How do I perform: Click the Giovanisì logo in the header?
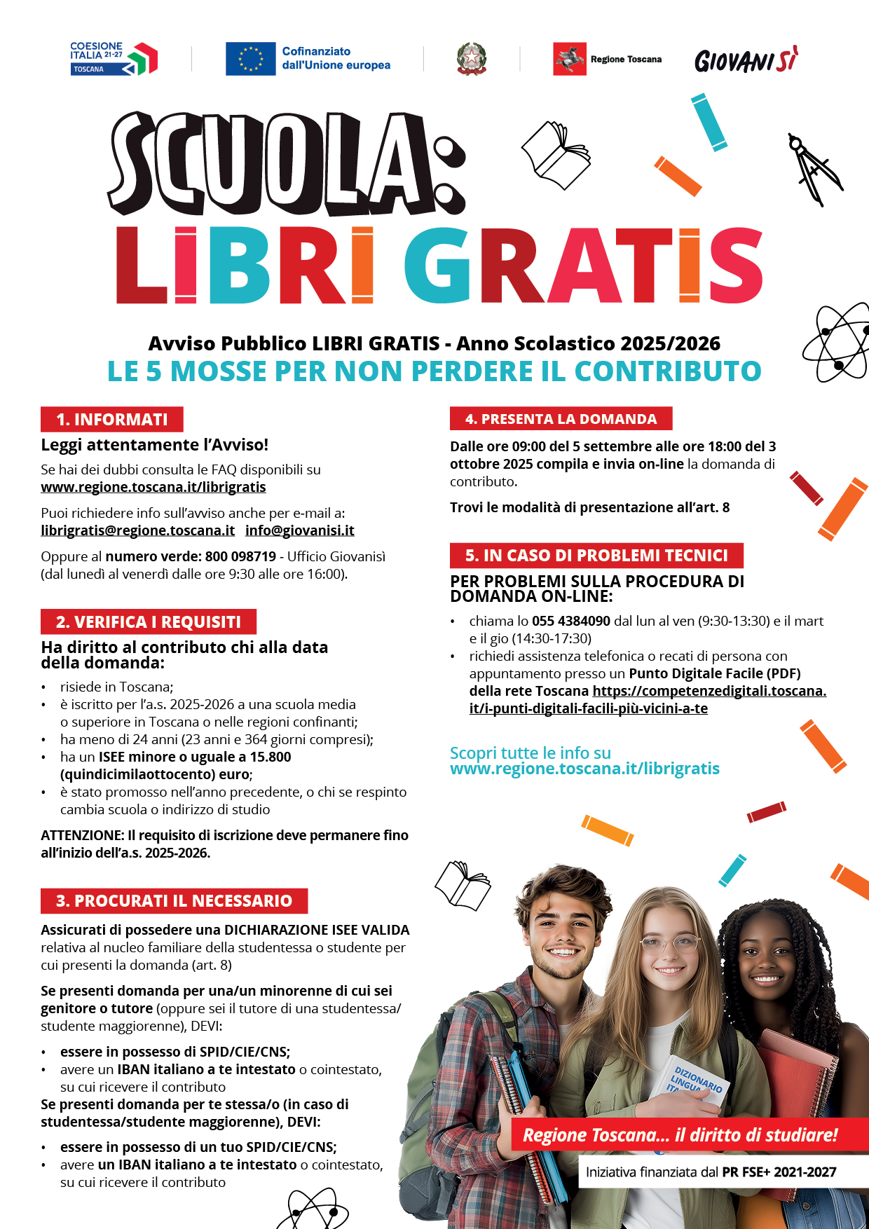coord(746,61)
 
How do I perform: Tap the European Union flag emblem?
coord(250,59)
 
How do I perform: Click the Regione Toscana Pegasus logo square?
coord(569,59)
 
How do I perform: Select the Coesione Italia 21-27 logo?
coord(114,58)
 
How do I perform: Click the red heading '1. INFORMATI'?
coord(112,419)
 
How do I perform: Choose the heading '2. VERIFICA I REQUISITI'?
coord(149,622)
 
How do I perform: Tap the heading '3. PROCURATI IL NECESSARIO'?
coord(174,900)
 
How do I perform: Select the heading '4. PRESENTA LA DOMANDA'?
coord(561,419)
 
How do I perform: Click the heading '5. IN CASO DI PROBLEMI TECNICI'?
coord(596,556)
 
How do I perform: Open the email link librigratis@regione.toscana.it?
coord(137,530)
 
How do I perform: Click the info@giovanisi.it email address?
coord(299,530)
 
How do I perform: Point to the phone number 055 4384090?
coord(571,621)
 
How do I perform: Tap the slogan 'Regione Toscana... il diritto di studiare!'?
coord(680,1135)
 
